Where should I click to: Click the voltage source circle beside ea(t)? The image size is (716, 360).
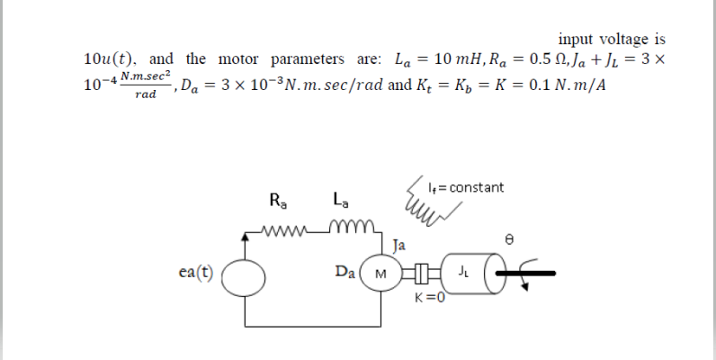click(x=243, y=272)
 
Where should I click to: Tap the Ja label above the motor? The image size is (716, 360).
click(x=399, y=243)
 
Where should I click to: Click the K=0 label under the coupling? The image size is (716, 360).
click(x=429, y=298)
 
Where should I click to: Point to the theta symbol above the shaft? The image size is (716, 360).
click(x=510, y=241)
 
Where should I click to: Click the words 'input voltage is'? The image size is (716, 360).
click(x=612, y=39)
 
